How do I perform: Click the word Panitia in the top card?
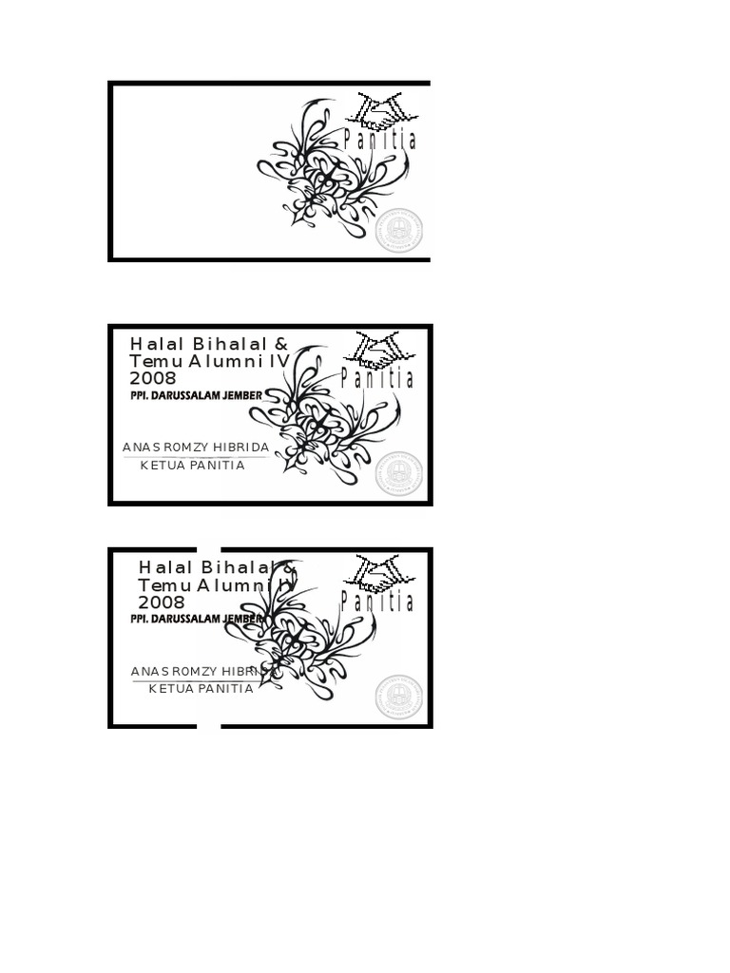pos(380,141)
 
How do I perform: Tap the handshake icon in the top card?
pos(378,111)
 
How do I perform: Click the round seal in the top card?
pos(398,231)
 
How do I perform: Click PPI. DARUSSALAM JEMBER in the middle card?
pos(196,395)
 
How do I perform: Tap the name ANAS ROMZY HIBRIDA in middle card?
pos(196,447)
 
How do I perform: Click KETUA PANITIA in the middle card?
pos(193,466)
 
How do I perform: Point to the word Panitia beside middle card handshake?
pos(377,379)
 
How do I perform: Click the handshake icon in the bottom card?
pos(377,573)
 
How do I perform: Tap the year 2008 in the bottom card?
pos(162,602)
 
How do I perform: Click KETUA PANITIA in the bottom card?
pos(202,689)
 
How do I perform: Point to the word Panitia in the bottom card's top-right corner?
pos(377,601)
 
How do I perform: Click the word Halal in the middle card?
pos(156,344)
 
